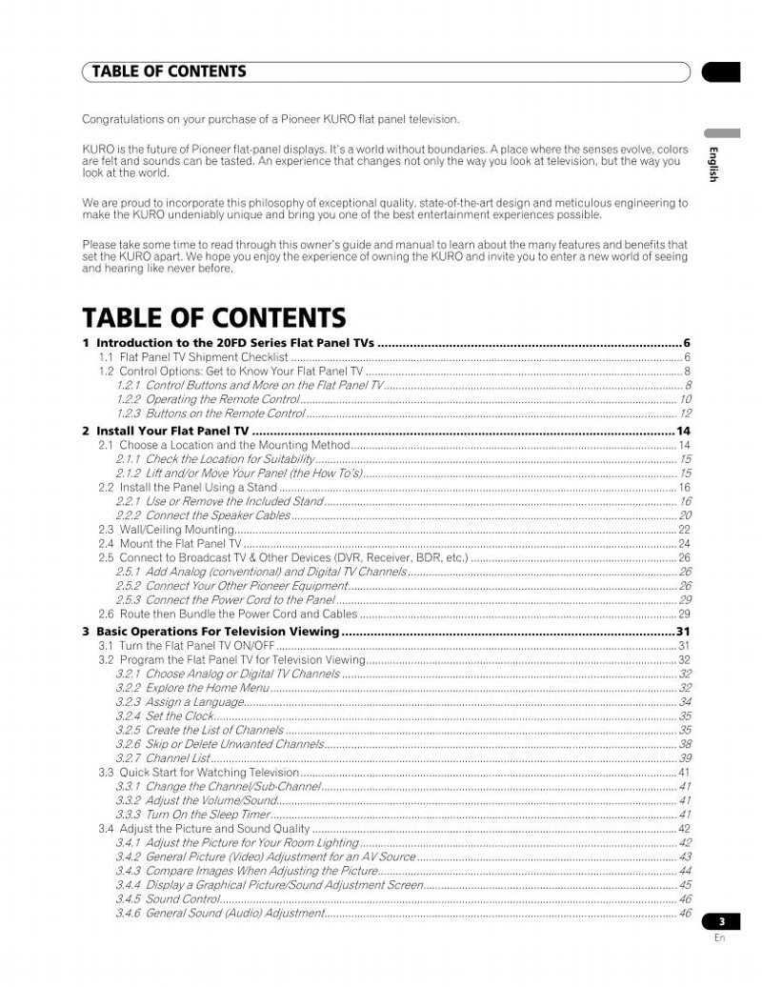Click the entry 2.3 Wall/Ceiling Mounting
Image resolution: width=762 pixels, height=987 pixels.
(x=167, y=530)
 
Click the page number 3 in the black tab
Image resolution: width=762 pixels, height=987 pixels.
(x=722, y=921)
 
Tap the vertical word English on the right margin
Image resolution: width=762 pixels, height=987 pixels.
(x=712, y=164)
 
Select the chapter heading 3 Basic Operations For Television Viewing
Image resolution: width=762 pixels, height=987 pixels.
(x=211, y=632)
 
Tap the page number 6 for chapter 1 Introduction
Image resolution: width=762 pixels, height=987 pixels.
(x=686, y=343)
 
